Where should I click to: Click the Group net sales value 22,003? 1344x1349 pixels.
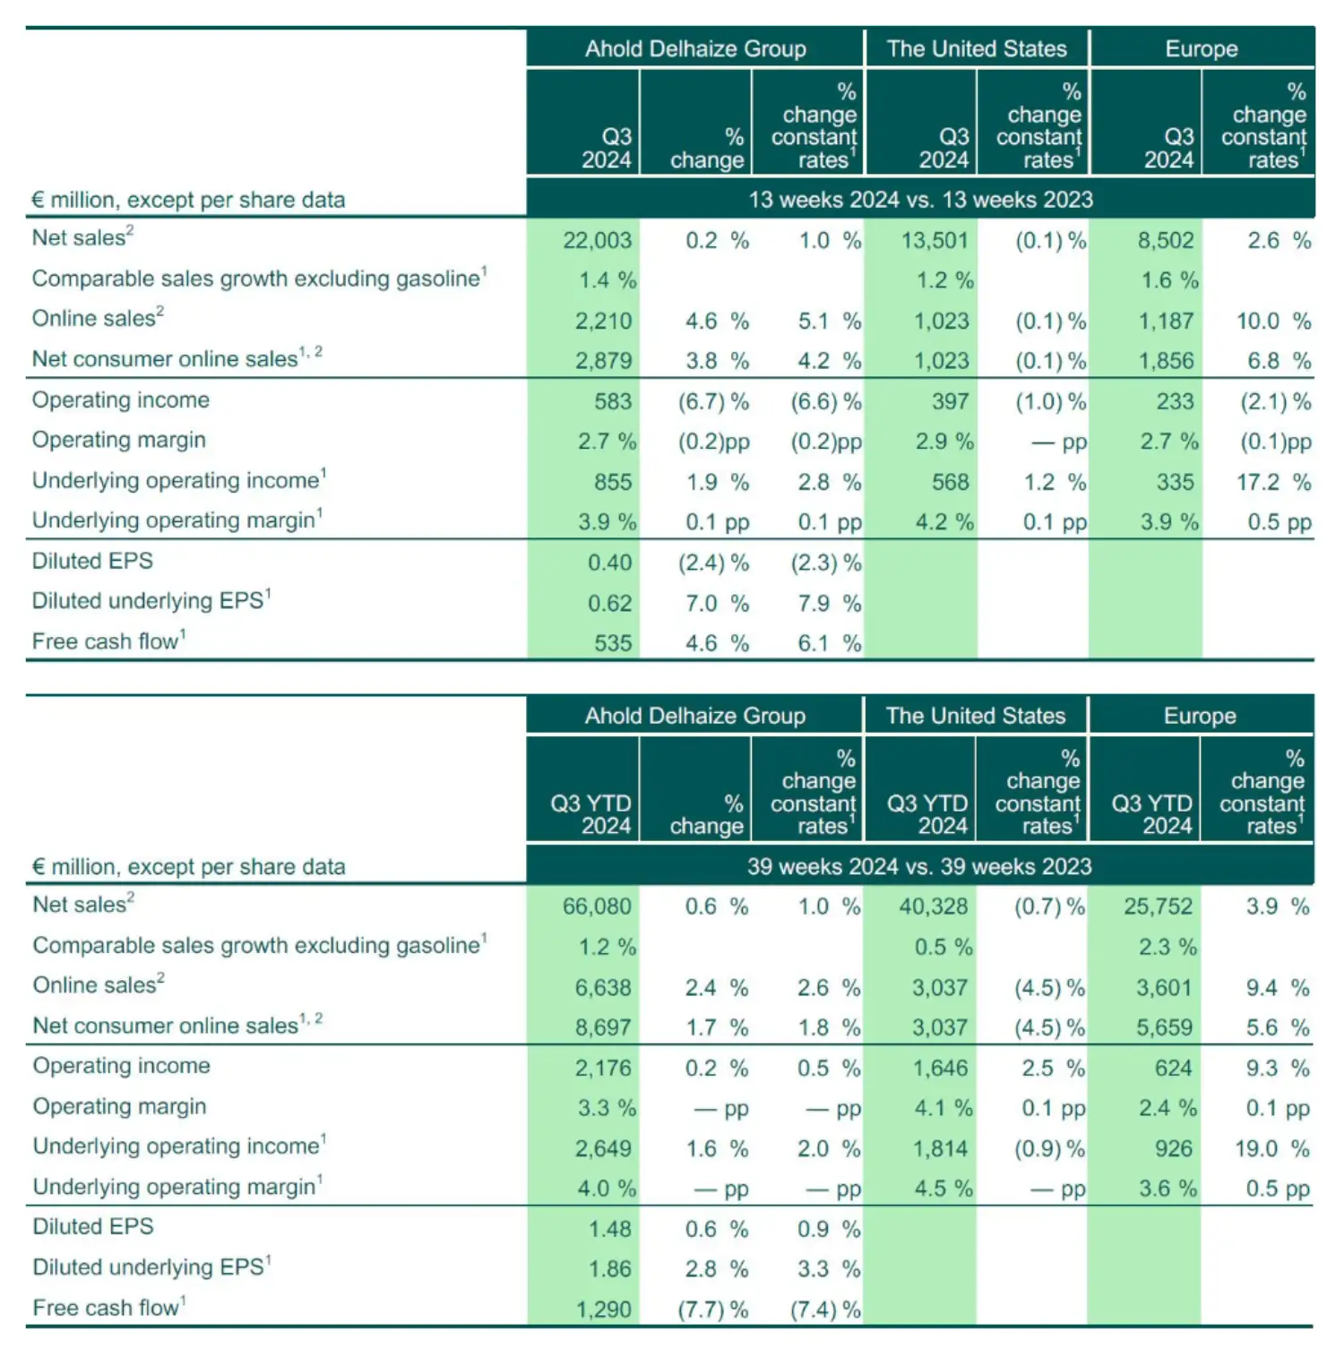pos(597,240)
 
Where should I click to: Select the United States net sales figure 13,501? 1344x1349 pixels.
pos(935,240)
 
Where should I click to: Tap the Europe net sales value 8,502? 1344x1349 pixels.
pos(1166,240)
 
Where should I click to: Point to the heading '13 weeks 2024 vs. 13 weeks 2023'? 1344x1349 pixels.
pos(920,199)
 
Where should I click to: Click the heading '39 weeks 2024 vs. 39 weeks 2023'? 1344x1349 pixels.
pos(919,866)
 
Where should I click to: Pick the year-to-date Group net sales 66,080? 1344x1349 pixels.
pos(597,906)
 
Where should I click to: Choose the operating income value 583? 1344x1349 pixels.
pos(613,401)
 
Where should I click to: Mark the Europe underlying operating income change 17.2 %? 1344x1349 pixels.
pos(1273,482)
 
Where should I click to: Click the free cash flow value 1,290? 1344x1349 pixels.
pos(604,1310)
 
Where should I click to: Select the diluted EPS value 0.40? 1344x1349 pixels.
pos(609,563)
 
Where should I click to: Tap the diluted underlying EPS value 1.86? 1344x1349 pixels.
pos(609,1269)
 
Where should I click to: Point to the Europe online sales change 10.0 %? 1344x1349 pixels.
pos(1273,321)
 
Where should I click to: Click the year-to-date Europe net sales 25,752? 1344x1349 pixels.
pos(1158,906)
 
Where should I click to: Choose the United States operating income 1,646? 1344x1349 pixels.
pos(940,1068)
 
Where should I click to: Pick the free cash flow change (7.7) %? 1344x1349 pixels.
pos(713,1310)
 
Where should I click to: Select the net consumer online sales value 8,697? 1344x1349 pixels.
pos(603,1027)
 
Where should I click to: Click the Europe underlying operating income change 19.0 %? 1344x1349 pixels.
pos(1272,1148)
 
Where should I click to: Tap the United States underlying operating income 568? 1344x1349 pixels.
pos(951,482)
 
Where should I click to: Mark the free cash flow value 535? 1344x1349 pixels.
pos(613,643)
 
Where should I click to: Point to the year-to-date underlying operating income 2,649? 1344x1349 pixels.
pos(603,1148)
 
